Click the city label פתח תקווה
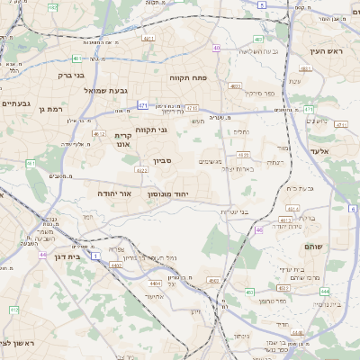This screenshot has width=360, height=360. (x=188, y=78)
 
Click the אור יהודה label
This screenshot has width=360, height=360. (x=114, y=193)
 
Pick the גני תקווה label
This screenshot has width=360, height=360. (x=152, y=130)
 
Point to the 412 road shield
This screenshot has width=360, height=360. (x=13, y=310)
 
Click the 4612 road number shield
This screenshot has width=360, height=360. (x=286, y=219)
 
